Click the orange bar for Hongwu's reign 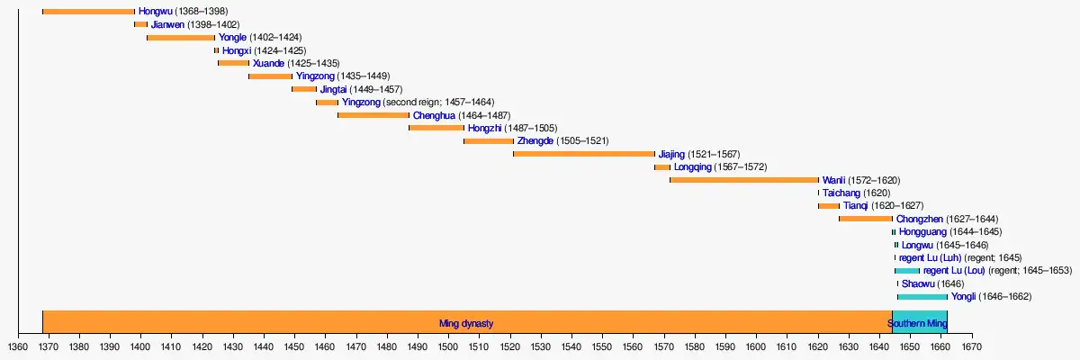(x=88, y=12)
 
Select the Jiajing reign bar (x=583, y=154)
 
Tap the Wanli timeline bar (x=744, y=180)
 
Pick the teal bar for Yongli (x=922, y=297)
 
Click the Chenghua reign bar (x=373, y=115)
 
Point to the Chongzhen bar (x=865, y=219)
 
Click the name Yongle (x=232, y=38)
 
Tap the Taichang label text (x=841, y=193)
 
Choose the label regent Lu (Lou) (x=954, y=271)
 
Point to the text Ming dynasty (x=465, y=323)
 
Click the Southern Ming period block (x=918, y=323)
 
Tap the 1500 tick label (x=448, y=346)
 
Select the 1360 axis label (x=18, y=346)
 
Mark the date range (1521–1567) (x=714, y=154)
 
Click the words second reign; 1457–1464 (x=441, y=103)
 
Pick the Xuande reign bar (x=233, y=63)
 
